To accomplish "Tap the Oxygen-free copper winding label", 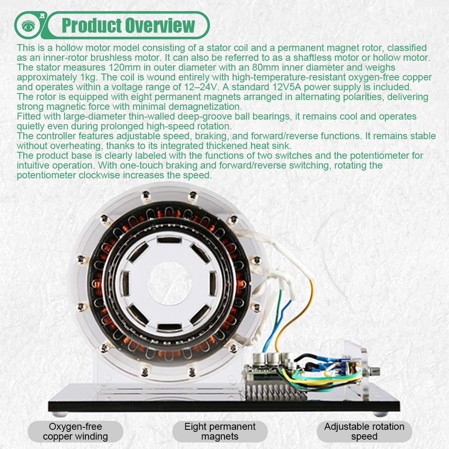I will (x=76, y=431).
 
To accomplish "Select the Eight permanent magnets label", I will (x=220, y=431).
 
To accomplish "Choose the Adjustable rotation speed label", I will (x=364, y=431).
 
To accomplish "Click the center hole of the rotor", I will (x=169, y=283).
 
